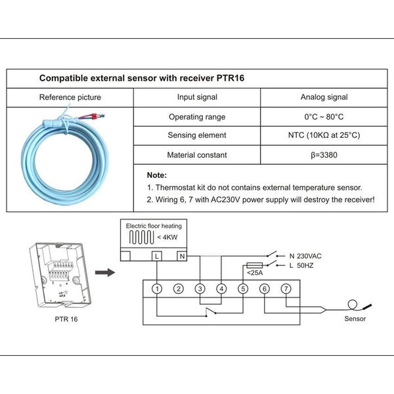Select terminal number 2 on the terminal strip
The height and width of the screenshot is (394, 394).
point(178,288)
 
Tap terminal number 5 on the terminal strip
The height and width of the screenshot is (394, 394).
point(242,288)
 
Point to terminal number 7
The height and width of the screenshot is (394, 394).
point(286,288)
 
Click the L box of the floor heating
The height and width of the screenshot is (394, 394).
point(158,255)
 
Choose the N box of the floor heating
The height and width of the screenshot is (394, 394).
point(182,255)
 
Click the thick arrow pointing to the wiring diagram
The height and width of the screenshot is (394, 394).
point(103,271)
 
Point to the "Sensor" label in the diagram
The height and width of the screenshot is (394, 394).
point(355,319)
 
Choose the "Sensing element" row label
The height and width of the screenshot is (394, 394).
point(197,135)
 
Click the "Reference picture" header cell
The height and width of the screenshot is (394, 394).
point(70,97)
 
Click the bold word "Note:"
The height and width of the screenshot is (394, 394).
point(157,175)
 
